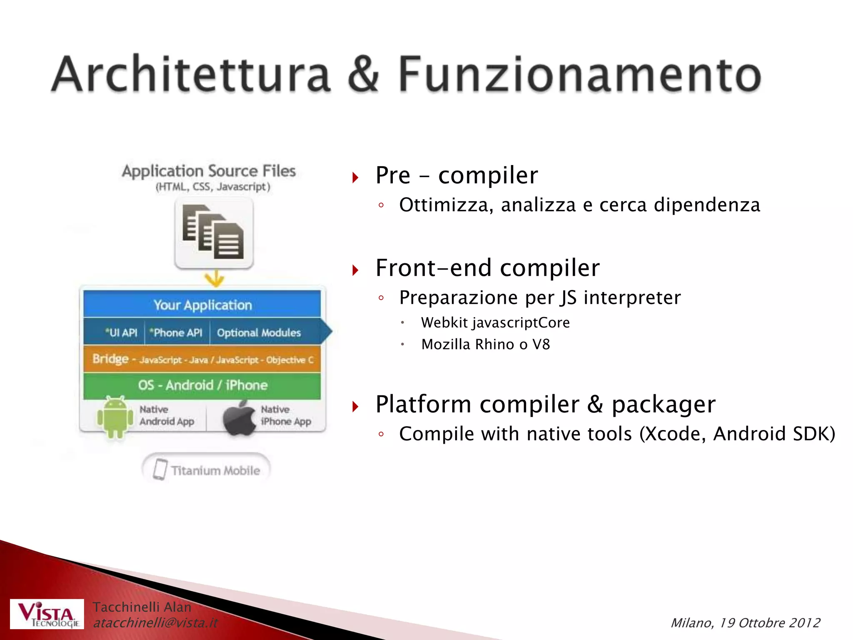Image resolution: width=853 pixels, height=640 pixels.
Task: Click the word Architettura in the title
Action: click(191, 75)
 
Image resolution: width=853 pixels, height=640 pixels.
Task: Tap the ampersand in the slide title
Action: click(363, 75)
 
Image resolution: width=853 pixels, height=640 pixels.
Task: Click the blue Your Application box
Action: click(202, 305)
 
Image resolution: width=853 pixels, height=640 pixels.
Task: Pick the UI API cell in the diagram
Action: click(121, 332)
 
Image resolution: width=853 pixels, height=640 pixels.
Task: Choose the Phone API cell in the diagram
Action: click(177, 332)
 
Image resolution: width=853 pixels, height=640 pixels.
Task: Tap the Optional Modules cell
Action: click(259, 332)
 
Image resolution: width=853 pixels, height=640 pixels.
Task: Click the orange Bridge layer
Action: click(202, 359)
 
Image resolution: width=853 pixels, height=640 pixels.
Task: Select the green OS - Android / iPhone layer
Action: click(202, 385)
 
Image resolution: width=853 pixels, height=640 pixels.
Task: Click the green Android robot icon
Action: click(115, 417)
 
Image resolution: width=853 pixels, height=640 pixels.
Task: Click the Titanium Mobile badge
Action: click(207, 470)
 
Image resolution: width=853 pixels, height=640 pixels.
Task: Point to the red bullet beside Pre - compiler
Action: click(355, 177)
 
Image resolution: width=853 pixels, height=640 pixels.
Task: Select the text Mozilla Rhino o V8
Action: click(485, 345)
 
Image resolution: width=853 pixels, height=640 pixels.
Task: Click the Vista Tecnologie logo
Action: click(47, 614)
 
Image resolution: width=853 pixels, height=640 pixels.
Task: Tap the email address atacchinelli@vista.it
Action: click(155, 623)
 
